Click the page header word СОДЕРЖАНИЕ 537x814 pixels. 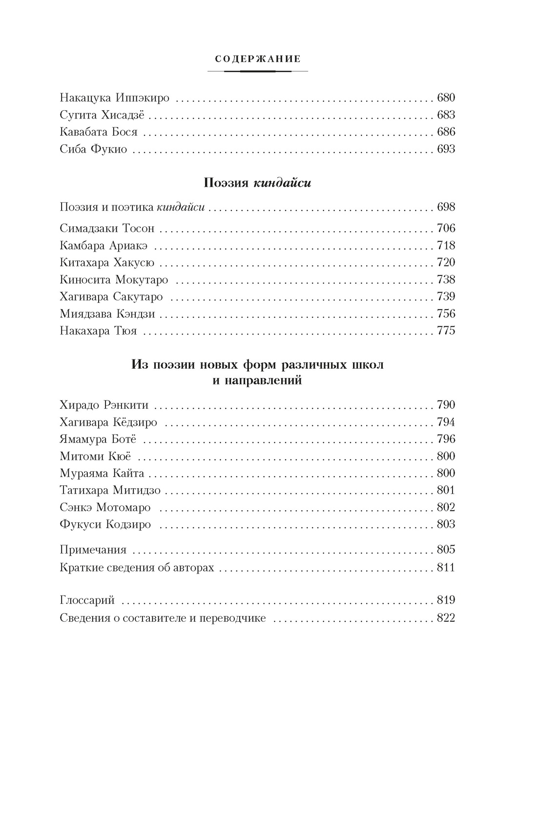(258, 59)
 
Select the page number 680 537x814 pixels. (446, 98)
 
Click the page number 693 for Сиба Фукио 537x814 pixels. (446, 149)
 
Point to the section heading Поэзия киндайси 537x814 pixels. (257, 183)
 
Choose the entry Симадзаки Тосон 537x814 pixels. (107, 228)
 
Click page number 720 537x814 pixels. (446, 262)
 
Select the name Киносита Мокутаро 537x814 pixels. (114, 280)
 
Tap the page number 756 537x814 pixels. (446, 314)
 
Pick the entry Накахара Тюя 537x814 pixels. (98, 331)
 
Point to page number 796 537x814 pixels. (446, 439)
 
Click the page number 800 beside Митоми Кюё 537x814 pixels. (446, 456)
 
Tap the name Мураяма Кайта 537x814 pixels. (102, 473)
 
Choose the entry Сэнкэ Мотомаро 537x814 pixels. (105, 508)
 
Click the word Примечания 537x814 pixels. (93, 550)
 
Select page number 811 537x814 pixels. (446, 568)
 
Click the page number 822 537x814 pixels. (446, 618)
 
